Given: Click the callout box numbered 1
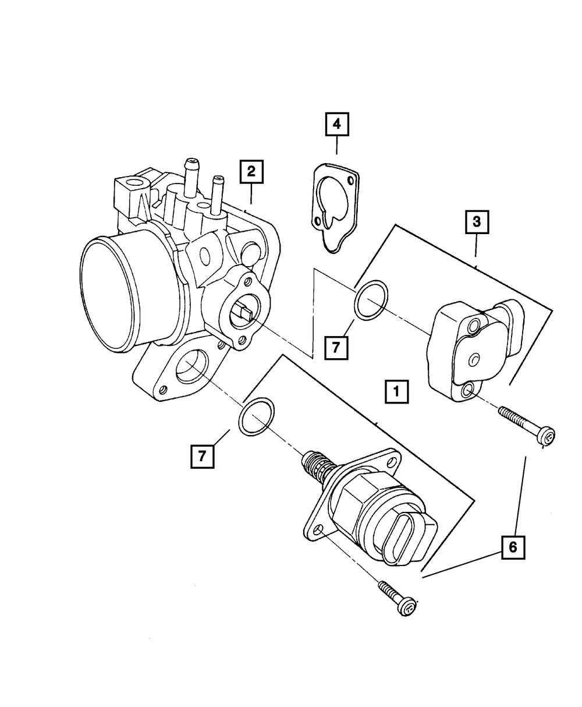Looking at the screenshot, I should click(396, 392).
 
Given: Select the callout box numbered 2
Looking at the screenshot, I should click(251, 171).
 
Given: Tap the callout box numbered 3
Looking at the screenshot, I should click(476, 222).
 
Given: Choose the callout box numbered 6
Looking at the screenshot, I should click(513, 546).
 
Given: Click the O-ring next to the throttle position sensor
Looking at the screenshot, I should click(372, 300).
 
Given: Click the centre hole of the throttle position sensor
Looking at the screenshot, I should click(474, 359).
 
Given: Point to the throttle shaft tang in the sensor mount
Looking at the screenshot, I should click(242, 315).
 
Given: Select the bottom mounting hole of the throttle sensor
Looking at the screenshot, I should click(467, 391).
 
